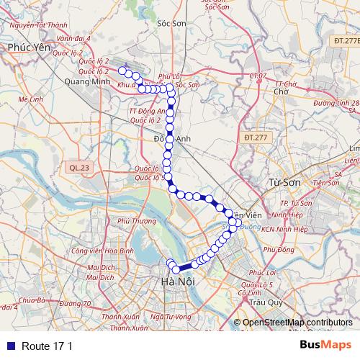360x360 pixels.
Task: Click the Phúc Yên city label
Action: coord(27,46)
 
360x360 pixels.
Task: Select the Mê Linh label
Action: coord(32,98)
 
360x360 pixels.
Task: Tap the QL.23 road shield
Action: coord(81,167)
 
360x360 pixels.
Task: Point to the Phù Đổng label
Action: coord(279,250)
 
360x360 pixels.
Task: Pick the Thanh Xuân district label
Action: coord(120,317)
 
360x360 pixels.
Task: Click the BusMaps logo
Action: coord(326,345)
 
